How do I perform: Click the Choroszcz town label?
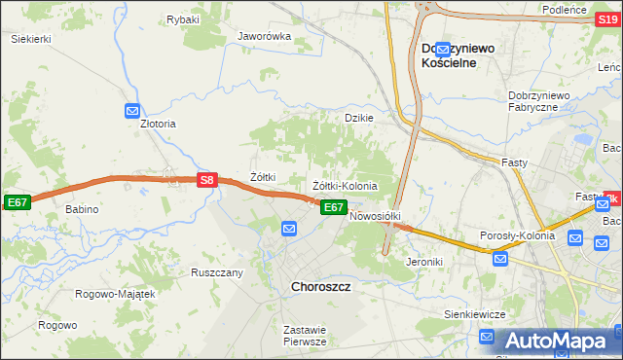click(321, 287)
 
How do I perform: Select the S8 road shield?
click(206, 180)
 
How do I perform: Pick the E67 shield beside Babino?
click(17, 201)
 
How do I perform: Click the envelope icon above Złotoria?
click(134, 112)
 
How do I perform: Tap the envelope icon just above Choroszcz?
click(289, 229)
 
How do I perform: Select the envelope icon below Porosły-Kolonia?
click(499, 258)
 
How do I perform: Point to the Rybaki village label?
click(182, 19)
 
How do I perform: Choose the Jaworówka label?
click(265, 37)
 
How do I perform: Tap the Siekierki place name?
click(30, 39)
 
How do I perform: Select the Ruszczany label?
click(216, 272)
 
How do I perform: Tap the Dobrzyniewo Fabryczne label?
click(545, 101)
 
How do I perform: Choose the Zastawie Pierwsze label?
click(304, 336)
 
